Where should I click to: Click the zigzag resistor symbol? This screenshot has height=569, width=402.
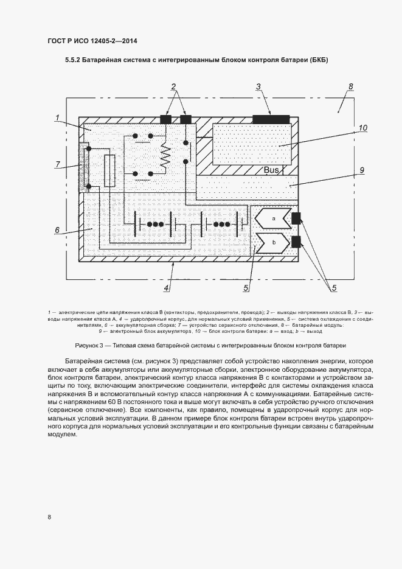pyautogui.click(x=164, y=157)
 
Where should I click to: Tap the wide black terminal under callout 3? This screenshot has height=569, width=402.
pyautogui.click(x=271, y=117)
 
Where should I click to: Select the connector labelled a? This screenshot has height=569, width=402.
pyautogui.click(x=273, y=218)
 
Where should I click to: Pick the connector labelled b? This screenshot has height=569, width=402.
pyautogui.click(x=273, y=242)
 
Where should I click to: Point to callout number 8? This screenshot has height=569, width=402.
pyautogui.click(x=351, y=87)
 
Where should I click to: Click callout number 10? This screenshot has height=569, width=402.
pyautogui.click(x=362, y=128)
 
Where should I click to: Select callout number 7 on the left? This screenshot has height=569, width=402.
pyautogui.click(x=58, y=164)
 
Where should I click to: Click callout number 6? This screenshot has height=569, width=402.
pyautogui.click(x=57, y=230)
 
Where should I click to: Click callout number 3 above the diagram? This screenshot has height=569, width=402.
pyautogui.click(x=258, y=87)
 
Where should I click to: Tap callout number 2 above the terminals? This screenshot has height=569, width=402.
pyautogui.click(x=173, y=86)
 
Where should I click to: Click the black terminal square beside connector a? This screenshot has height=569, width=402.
pyautogui.click(x=297, y=218)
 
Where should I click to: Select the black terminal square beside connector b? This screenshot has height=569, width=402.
pyautogui.click(x=297, y=242)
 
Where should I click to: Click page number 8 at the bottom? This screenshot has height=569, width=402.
pyautogui.click(x=49, y=517)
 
